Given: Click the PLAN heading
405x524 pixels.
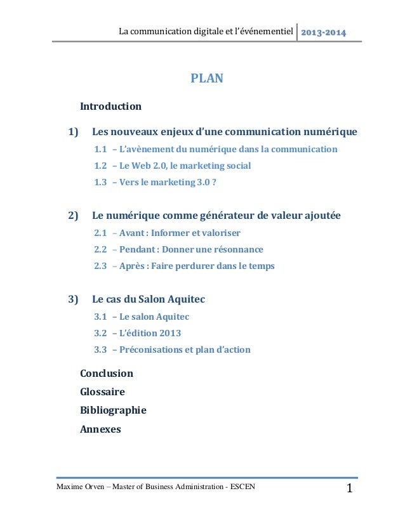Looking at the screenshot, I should coord(207,80).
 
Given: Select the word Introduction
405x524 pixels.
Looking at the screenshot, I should coord(110,106).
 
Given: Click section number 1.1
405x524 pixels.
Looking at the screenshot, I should coord(100,150).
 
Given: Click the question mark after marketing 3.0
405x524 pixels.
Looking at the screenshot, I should coord(222,183).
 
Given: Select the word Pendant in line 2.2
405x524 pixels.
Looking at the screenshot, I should coord(138,249).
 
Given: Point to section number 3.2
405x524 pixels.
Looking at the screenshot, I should coord(100,333).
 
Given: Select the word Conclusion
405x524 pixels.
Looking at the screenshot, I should coord(107,374).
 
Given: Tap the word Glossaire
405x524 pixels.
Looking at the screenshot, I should coord(102,392).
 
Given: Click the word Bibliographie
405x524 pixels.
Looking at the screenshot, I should coord(113,410).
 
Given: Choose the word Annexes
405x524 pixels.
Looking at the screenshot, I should coord(100,428).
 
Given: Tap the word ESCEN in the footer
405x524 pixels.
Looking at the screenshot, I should coord(244,487).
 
